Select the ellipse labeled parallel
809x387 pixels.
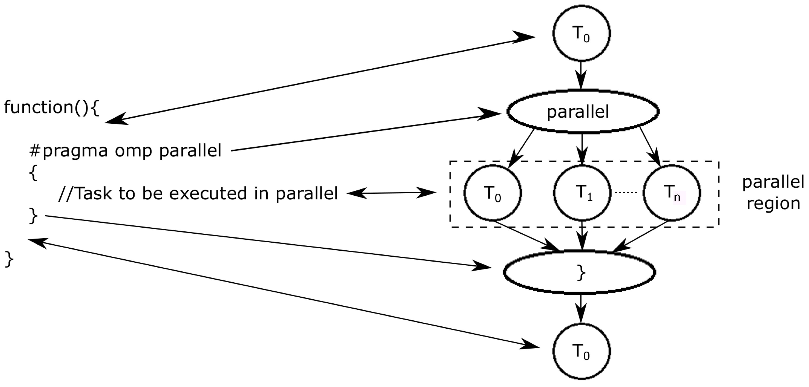(583, 111)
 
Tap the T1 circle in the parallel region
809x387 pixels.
(582, 192)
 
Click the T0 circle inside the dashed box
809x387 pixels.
(492, 193)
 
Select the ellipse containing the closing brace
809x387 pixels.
(579, 272)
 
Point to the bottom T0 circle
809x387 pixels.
(581, 351)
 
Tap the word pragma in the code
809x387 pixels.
(75, 151)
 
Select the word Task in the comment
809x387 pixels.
(93, 193)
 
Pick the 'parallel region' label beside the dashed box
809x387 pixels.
(773, 193)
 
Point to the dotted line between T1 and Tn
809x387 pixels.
(626, 192)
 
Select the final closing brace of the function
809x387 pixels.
(9, 259)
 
